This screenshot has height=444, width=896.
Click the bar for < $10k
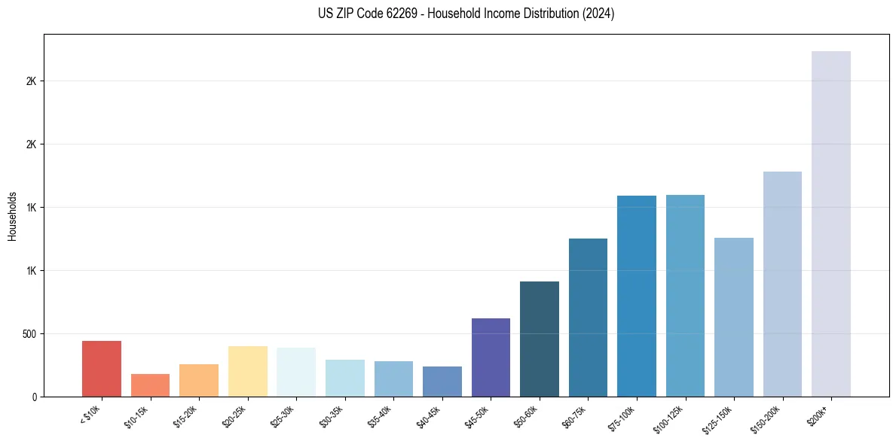tap(102, 369)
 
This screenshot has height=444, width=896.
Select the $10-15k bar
tap(150, 385)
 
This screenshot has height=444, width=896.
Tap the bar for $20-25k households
tap(247, 371)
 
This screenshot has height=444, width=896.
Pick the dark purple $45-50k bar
tap(491, 357)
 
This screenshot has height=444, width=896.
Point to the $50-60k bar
tap(540, 339)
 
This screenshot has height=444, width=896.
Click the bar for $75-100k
tap(637, 296)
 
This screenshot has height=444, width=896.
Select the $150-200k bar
tap(782, 284)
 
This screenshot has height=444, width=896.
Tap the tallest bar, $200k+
tap(831, 224)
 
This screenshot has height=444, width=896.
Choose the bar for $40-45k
tap(442, 382)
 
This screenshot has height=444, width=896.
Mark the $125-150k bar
tap(734, 317)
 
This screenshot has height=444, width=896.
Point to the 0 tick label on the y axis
tap(34, 397)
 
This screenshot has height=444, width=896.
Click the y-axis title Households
tap(12, 215)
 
